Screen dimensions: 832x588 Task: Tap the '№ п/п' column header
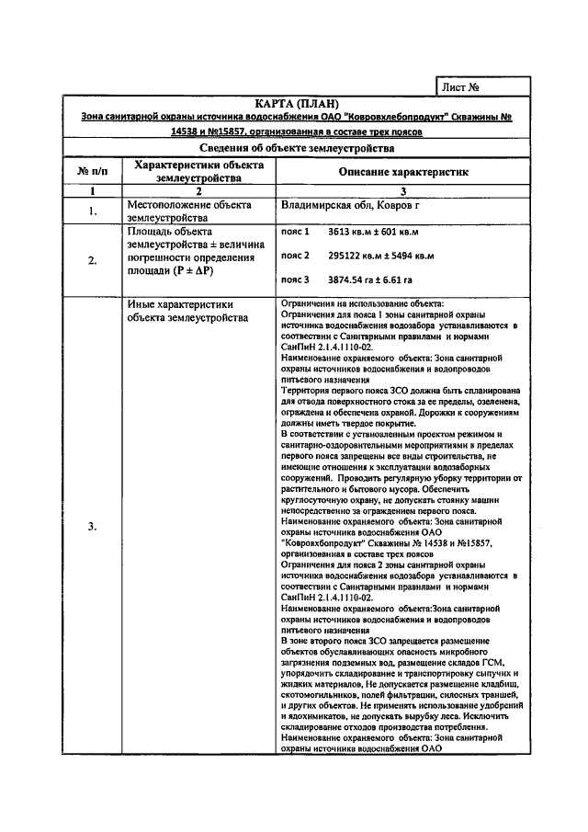pos(92,171)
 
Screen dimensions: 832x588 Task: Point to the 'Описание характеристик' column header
pos(403,171)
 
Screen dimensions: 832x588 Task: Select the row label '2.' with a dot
pos(92,260)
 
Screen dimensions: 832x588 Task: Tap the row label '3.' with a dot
pos(92,526)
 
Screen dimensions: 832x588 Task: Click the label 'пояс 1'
pos(295,233)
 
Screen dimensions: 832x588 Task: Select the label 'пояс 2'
pos(295,255)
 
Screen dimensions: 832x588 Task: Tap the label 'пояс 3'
pos(295,279)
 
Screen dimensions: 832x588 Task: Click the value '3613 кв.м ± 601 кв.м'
pos(373,233)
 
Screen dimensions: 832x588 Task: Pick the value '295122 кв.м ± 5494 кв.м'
pos(379,255)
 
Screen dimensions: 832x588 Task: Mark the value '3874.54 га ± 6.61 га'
pos(370,279)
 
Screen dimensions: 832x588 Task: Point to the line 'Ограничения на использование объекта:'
pos(362,303)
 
